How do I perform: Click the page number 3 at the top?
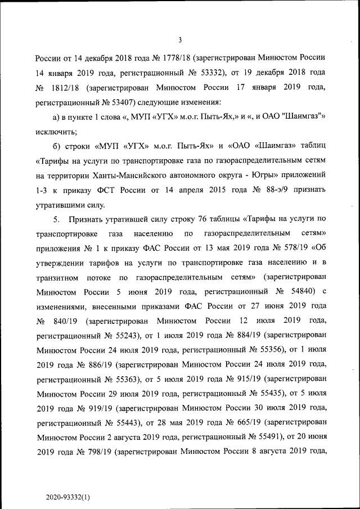coord(179,39)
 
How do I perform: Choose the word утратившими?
coord(62,205)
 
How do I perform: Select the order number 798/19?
coord(92,451)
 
